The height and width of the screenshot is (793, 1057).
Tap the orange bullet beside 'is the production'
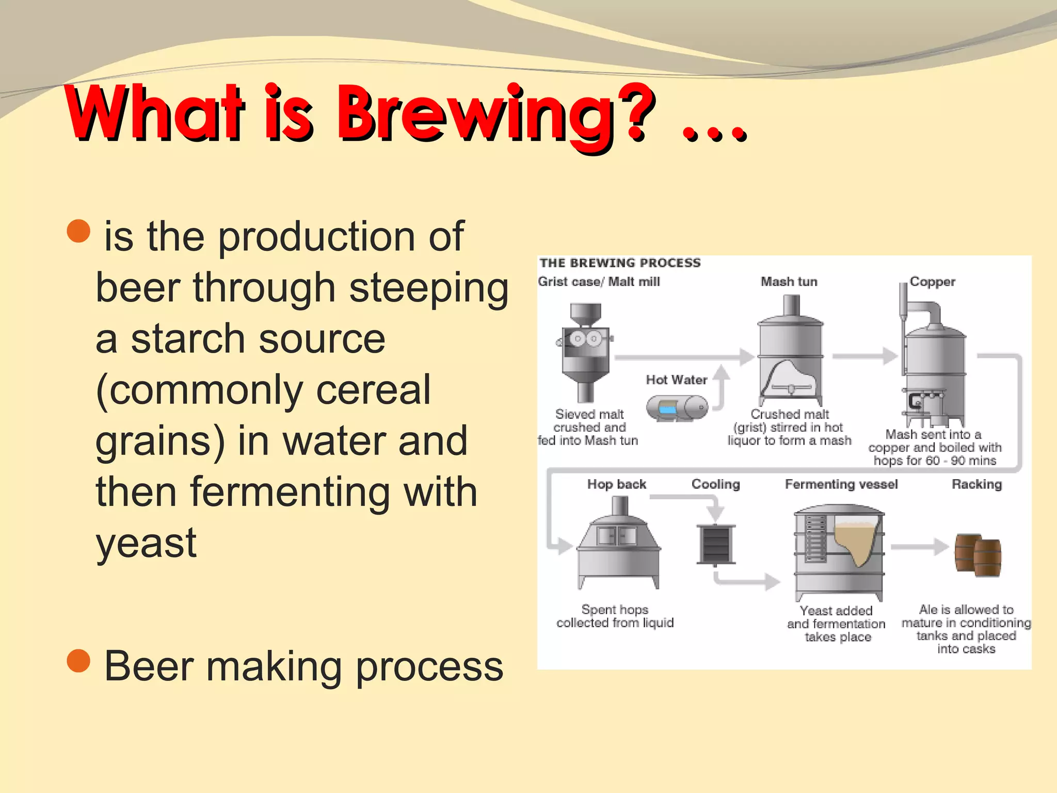click(79, 231)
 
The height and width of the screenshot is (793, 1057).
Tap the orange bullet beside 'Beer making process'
click(79, 661)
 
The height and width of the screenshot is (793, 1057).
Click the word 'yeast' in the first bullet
click(146, 543)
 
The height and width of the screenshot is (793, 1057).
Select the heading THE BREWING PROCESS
click(620, 263)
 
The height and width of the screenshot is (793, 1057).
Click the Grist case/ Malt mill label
click(599, 282)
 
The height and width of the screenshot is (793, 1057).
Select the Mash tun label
click(789, 282)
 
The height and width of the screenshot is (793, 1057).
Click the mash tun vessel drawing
click(790, 356)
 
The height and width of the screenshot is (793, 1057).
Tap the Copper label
click(932, 282)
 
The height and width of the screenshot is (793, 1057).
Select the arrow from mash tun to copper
click(865, 356)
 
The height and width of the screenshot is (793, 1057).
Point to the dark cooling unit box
click(715, 544)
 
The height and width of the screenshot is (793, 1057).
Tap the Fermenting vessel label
click(841, 484)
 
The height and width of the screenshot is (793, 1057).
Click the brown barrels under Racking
click(978, 555)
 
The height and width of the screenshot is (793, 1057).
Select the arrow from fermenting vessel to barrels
click(919, 547)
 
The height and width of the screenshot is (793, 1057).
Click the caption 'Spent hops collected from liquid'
click(615, 616)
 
